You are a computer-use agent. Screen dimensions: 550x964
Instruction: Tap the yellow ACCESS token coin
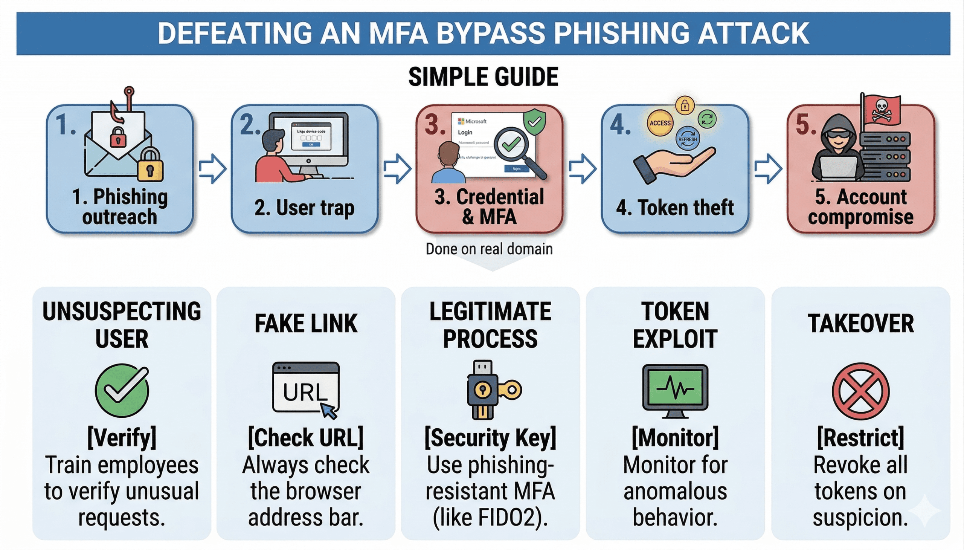point(660,123)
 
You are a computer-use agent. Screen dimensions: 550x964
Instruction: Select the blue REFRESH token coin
point(687,139)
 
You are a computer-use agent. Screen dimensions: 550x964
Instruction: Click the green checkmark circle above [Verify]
point(122,391)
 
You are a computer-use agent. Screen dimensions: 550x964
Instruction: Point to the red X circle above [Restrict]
point(860,391)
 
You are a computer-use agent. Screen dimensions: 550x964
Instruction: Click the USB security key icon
point(487,390)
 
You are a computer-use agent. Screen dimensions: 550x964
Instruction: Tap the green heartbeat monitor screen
point(675,388)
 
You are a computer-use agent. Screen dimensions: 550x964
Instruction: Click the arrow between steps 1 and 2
point(213,168)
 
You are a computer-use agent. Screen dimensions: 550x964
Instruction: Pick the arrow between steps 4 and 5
point(768,168)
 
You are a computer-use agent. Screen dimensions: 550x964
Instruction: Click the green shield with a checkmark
point(534,122)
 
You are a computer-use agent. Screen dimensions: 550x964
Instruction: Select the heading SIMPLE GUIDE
point(483,77)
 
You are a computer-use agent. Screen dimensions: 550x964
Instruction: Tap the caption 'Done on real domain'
point(489,249)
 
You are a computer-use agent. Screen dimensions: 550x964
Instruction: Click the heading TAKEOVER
point(860,324)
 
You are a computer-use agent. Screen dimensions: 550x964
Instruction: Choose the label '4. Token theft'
point(675,208)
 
